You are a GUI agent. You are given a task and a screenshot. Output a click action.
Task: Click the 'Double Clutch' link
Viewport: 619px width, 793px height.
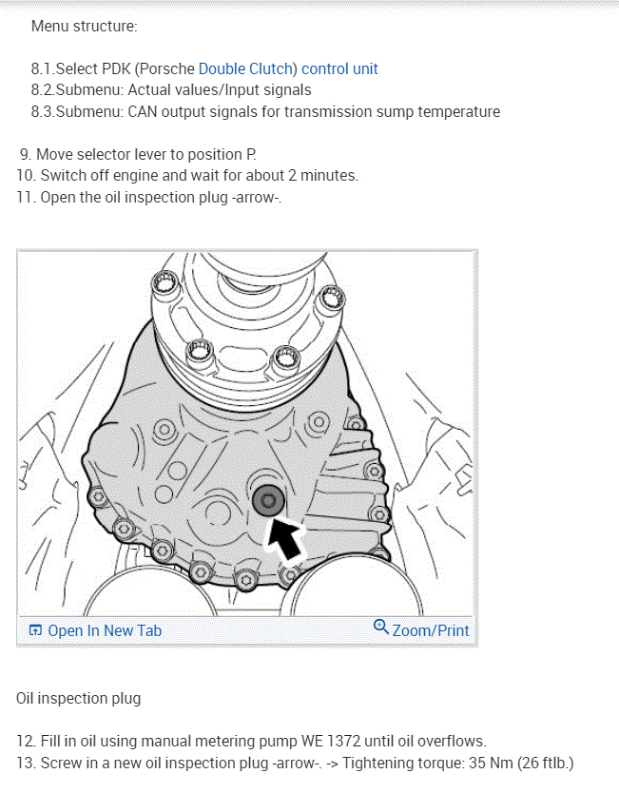pyautogui.click(x=245, y=68)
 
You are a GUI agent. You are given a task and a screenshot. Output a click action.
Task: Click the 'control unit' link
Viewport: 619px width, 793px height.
pyautogui.click(x=339, y=68)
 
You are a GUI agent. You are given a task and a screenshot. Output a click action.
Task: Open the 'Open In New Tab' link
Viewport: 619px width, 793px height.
pyautogui.click(x=105, y=630)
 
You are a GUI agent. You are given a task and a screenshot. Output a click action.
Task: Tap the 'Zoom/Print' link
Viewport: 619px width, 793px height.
pyautogui.click(x=431, y=630)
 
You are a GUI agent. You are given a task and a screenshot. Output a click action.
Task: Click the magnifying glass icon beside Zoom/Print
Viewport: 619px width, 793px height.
pyautogui.click(x=380, y=628)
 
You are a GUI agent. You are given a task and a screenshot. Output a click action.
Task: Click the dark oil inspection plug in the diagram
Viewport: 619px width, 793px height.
pyautogui.click(x=268, y=500)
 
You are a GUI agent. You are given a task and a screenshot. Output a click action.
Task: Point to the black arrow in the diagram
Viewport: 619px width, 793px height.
pyautogui.click(x=284, y=539)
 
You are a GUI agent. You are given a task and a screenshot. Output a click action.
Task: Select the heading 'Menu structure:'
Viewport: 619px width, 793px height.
pyautogui.click(x=84, y=27)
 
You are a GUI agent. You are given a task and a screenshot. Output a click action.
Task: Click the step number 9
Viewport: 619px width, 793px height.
pyautogui.click(x=26, y=154)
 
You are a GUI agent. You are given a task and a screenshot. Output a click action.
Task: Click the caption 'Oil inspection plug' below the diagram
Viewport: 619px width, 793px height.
pyautogui.click(x=78, y=699)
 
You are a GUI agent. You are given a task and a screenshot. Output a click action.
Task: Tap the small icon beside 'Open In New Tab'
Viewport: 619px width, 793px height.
pyautogui.click(x=35, y=630)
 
